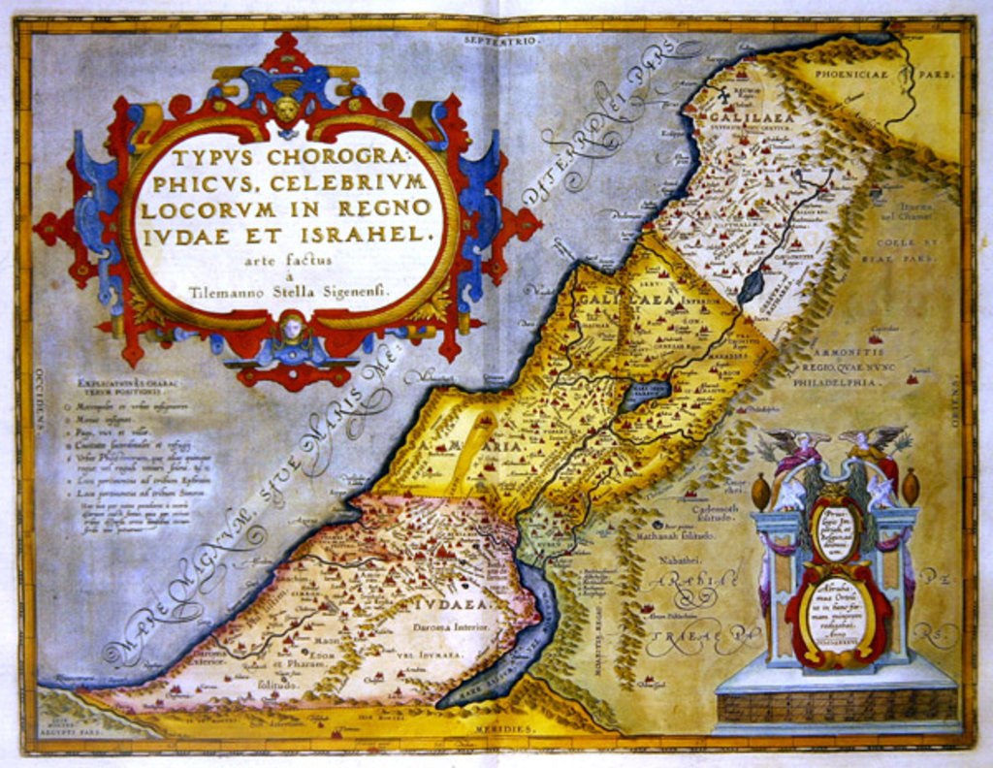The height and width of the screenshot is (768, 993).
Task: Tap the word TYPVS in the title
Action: point(215,158)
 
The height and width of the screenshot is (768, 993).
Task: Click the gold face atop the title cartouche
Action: point(287,109)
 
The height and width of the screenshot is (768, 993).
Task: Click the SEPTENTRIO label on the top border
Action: point(499,41)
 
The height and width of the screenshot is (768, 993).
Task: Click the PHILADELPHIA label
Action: point(837,382)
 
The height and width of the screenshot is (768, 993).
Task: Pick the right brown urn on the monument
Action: point(910,486)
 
